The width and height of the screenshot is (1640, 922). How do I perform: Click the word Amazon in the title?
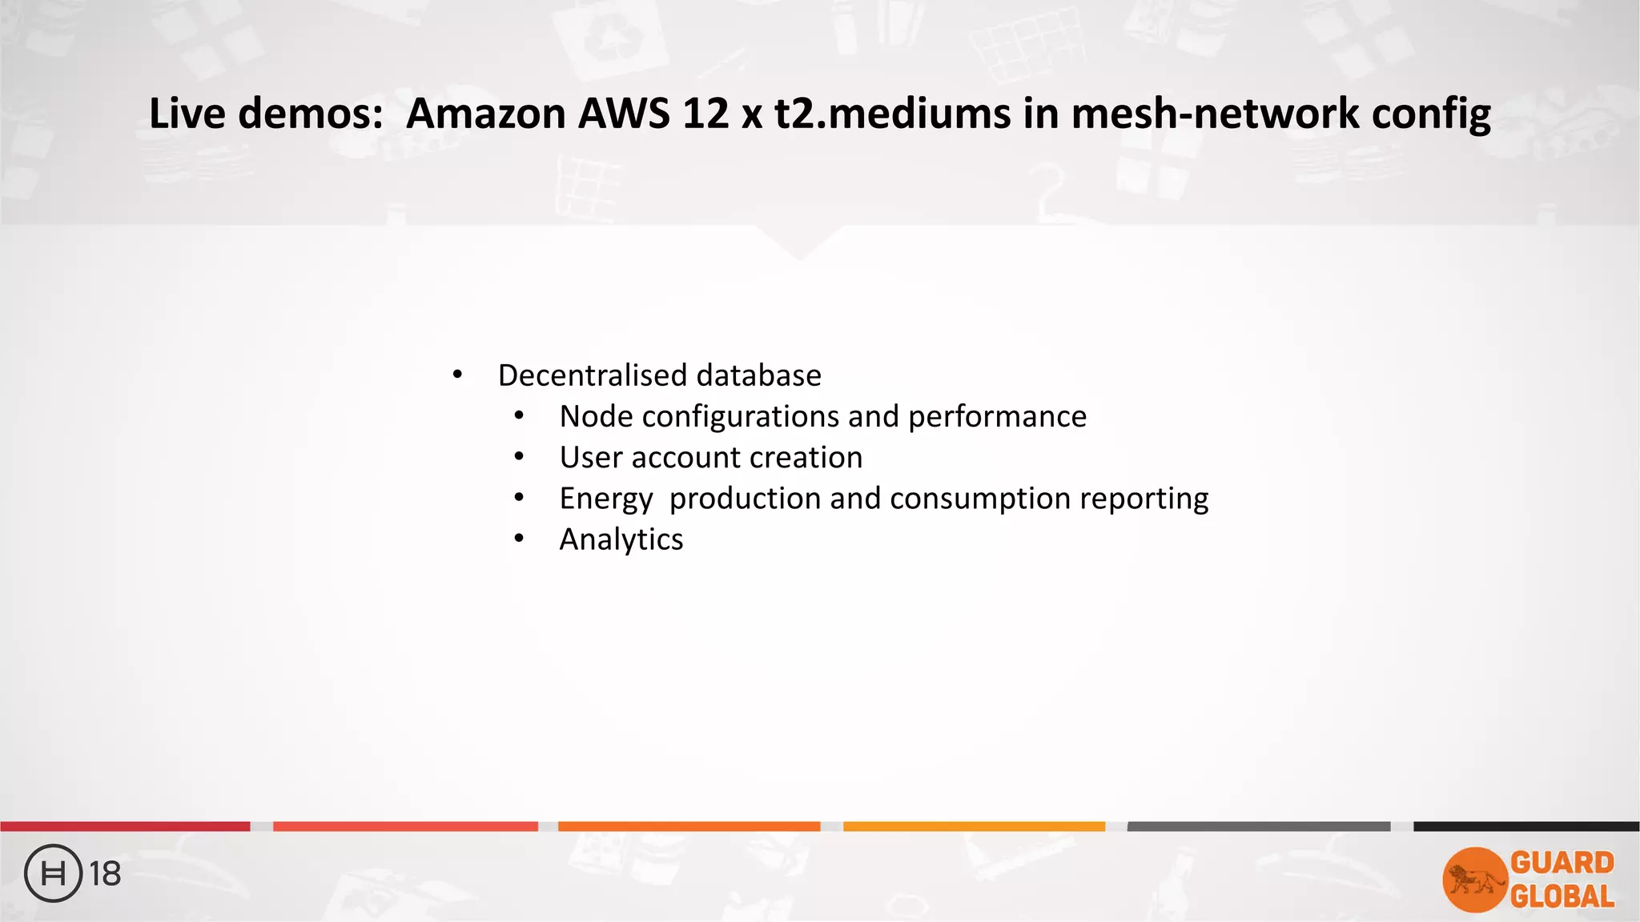tap(486, 113)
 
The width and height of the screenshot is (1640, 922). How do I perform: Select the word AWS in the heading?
tap(624, 113)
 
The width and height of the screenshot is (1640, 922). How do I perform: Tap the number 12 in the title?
tap(705, 113)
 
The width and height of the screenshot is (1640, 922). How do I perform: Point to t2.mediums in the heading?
tap(892, 113)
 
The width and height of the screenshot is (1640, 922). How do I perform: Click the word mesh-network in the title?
tap(1215, 113)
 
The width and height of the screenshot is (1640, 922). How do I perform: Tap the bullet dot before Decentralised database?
tap(457, 375)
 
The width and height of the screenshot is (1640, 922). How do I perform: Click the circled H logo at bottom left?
tap(54, 873)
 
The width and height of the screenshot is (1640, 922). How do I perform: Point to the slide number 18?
tap(105, 874)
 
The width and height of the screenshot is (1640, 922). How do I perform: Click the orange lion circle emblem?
tap(1474, 880)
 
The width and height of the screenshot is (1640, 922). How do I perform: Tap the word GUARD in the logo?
tap(1562, 863)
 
